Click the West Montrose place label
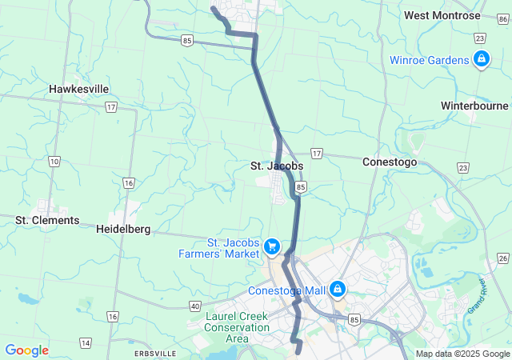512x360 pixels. [x=442, y=15]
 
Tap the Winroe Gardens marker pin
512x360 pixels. [x=481, y=59]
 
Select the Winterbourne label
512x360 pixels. [x=474, y=106]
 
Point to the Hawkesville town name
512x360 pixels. [x=79, y=89]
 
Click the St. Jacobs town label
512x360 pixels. [x=277, y=166]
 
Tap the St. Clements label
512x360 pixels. [x=47, y=220]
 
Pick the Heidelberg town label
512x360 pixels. [x=123, y=229]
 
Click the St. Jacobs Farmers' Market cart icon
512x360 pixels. [x=272, y=247]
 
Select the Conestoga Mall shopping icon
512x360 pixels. [x=338, y=289]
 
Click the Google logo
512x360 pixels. [x=26, y=350]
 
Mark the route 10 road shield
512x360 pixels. [x=54, y=162]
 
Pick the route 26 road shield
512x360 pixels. [x=502, y=258]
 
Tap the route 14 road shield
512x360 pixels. [x=86, y=343]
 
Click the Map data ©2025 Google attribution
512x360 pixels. [x=462, y=354]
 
